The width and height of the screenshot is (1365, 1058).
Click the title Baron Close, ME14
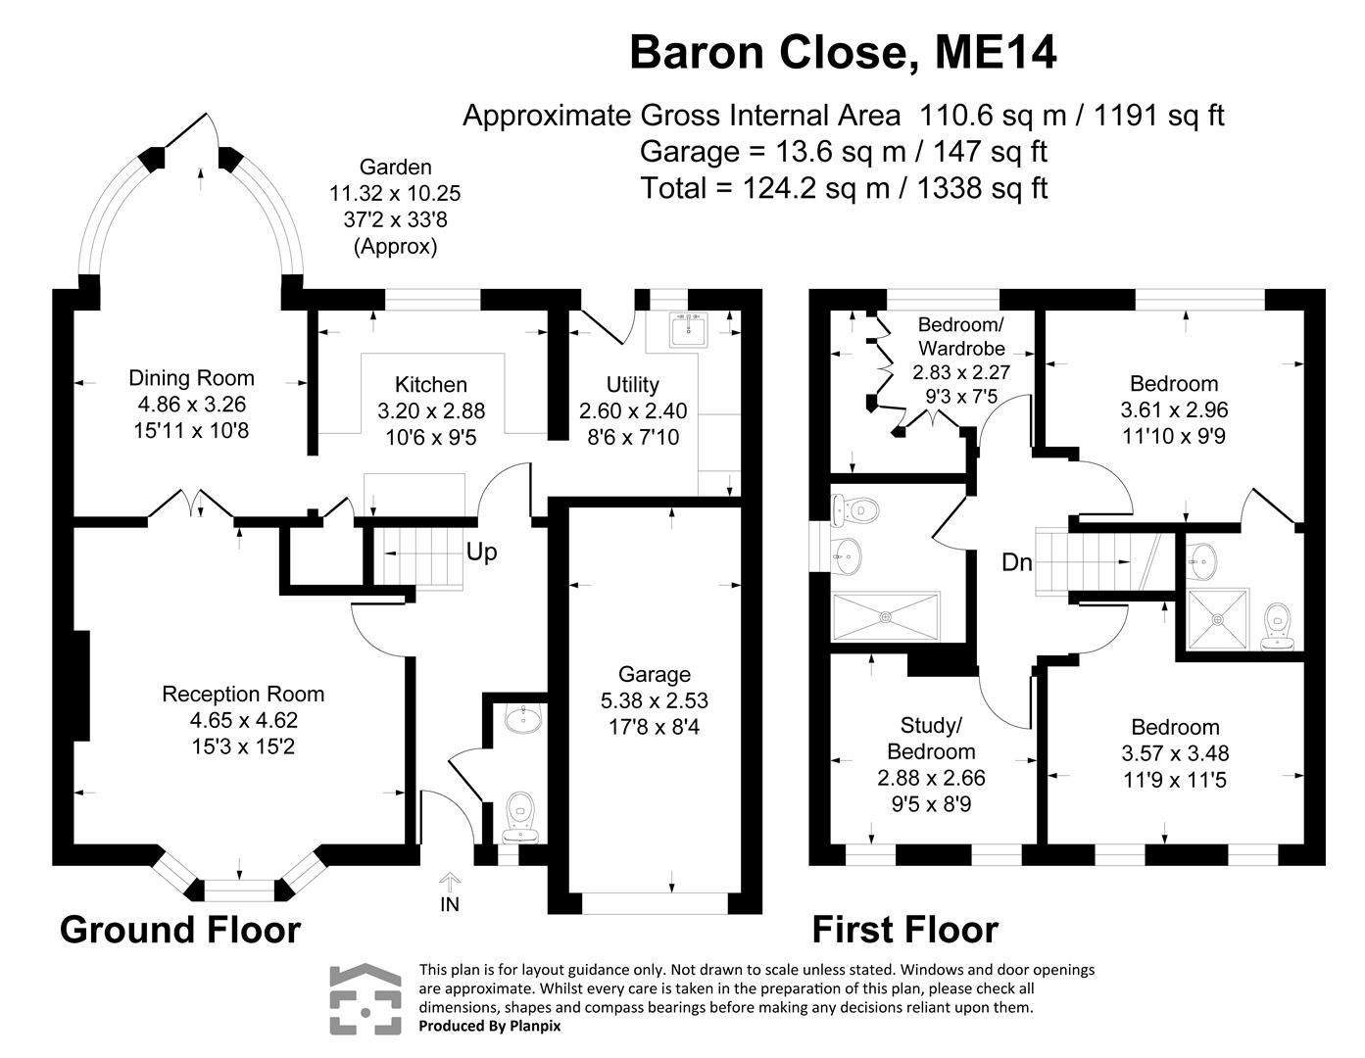click(x=843, y=53)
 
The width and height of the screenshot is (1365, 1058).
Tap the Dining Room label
click(x=191, y=378)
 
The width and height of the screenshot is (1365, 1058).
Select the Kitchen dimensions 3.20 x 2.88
click(x=431, y=411)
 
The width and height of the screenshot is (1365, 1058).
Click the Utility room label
click(x=632, y=385)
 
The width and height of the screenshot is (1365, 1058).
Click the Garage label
click(x=654, y=674)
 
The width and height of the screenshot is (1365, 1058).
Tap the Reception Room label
click(x=243, y=695)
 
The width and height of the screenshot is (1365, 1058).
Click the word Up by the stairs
click(x=481, y=553)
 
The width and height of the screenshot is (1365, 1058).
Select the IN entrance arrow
click(x=449, y=884)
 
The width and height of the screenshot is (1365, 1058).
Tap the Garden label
click(x=395, y=168)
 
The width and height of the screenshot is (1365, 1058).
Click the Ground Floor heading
click(x=179, y=929)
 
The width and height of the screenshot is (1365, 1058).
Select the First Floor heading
click(x=904, y=929)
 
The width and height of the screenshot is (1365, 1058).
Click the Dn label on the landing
click(x=1016, y=562)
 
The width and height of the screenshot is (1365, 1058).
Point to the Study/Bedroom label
click(x=931, y=739)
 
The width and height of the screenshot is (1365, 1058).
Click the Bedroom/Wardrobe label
click(x=960, y=336)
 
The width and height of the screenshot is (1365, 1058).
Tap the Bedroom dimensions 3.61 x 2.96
click(x=1174, y=409)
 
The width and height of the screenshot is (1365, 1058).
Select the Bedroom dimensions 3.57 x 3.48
click(x=1175, y=753)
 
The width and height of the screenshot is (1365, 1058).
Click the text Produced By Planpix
click(x=490, y=1026)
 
